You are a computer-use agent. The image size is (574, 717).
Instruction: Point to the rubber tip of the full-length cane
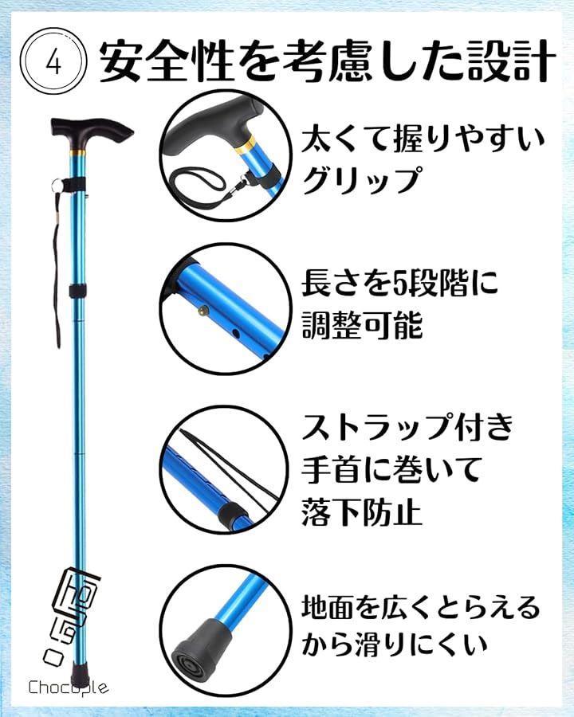coord(80,673)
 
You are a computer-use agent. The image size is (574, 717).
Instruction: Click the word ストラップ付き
coord(408,428)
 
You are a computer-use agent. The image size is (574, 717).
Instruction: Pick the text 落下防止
coord(362,511)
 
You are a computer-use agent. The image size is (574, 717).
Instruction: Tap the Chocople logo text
coord(69,687)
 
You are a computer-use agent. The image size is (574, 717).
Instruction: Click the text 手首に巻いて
coord(391,468)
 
